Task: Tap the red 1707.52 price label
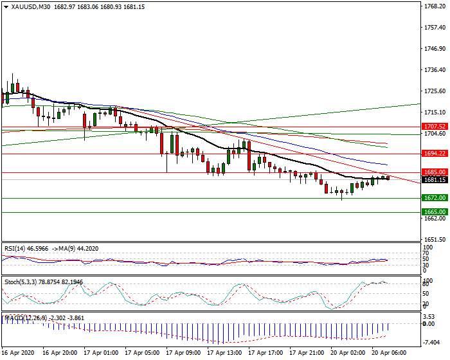click(435, 127)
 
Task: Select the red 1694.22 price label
click(435, 154)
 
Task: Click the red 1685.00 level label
click(435, 172)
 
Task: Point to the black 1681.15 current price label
click(435, 181)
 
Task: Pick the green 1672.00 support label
click(435, 198)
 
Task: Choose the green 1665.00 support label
click(435, 212)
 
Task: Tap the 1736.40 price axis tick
click(435, 70)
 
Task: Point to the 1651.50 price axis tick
click(435, 239)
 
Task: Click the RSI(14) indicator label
click(16, 248)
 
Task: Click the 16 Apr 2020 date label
click(18, 353)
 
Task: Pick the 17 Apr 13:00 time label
click(225, 353)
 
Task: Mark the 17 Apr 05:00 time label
click(142, 353)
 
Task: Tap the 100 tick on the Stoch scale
click(428, 280)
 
